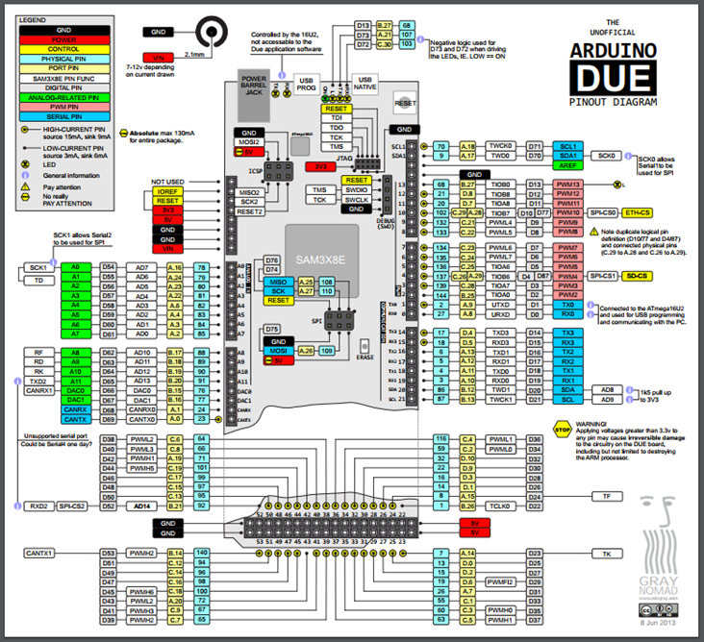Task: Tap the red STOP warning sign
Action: click(x=563, y=432)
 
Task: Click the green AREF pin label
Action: click(x=564, y=165)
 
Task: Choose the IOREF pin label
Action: click(x=166, y=192)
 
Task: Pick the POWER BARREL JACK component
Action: click(x=254, y=85)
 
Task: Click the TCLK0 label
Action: click(x=500, y=506)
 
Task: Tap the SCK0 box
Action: click(x=606, y=155)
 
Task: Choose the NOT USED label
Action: click(x=166, y=181)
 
